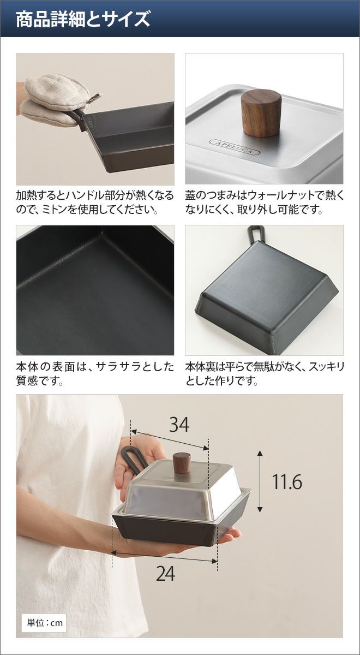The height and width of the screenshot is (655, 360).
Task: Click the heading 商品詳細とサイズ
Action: pyautogui.click(x=83, y=19)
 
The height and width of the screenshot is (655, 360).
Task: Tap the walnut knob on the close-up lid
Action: pyautogui.click(x=261, y=112)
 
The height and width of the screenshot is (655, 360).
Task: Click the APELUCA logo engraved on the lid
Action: pyautogui.click(x=235, y=147)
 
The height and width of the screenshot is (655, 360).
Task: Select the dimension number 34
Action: pyautogui.click(x=179, y=425)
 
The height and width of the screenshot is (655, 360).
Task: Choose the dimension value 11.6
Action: pyautogui.click(x=287, y=481)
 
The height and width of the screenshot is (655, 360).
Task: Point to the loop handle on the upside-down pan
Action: pyautogui.click(x=256, y=234)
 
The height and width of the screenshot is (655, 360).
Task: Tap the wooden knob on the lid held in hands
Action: pyautogui.click(x=182, y=463)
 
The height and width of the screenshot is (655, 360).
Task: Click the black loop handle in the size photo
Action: pyautogui.click(x=134, y=460)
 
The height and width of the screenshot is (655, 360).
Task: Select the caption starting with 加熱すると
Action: pyautogui.click(x=95, y=202)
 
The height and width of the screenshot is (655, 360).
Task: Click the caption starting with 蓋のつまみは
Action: pyautogui.click(x=265, y=202)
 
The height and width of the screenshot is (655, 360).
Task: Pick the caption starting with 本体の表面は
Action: pyautogui.click(x=95, y=374)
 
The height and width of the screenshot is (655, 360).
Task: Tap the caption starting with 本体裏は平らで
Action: pyautogui.click(x=265, y=374)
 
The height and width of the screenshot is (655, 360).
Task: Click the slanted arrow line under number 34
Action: pyautogui.click(x=170, y=439)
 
